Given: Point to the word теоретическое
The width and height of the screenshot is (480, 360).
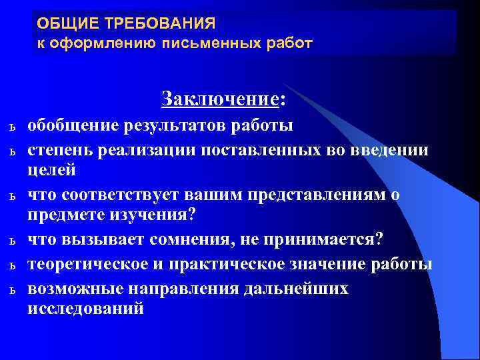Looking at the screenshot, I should (85, 265).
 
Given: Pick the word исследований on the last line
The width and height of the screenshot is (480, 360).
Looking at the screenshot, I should (85, 309).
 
